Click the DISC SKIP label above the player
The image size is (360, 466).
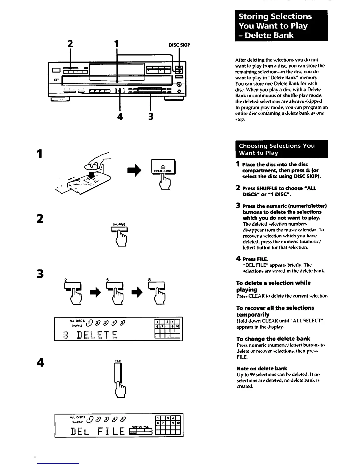coord(179,45)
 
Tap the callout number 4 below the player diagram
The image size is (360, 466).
coord(120,117)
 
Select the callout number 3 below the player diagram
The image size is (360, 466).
coord(151,117)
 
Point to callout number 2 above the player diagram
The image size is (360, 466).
coord(70,44)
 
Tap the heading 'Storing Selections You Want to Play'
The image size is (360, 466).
coord(281,26)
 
